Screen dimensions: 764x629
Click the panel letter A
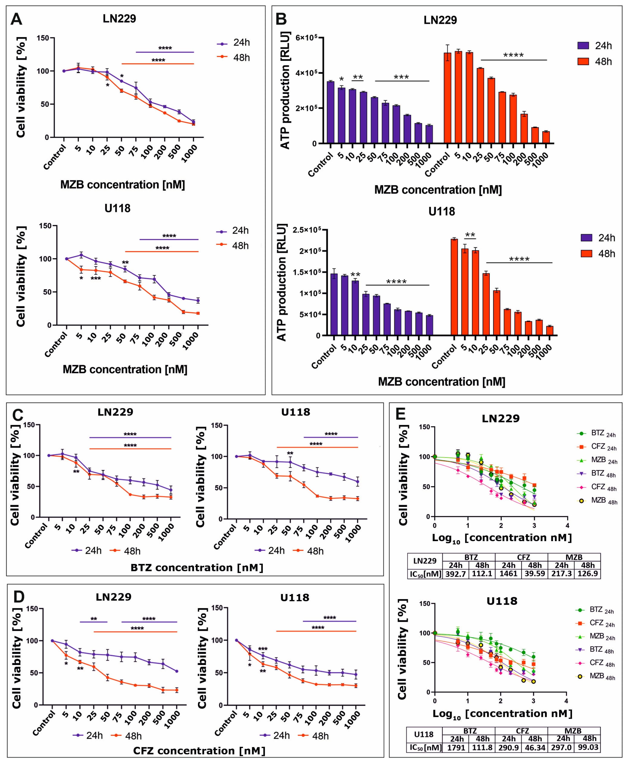click(x=16, y=19)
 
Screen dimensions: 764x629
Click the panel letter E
click(x=400, y=414)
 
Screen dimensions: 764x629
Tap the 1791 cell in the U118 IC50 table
click(x=456, y=747)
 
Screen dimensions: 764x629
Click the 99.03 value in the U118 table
click(x=588, y=747)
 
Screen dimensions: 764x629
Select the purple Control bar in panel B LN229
click(x=330, y=112)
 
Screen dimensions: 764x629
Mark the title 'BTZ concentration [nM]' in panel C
click(x=197, y=568)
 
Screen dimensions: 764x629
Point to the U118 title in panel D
click(x=295, y=598)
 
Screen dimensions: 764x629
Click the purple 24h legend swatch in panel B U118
click(x=586, y=238)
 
